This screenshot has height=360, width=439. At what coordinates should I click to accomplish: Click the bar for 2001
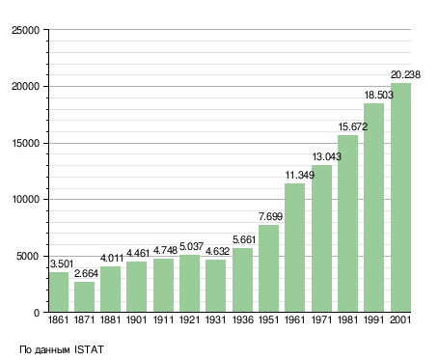(x=400, y=198)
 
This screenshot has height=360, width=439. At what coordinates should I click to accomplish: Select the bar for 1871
(x=84, y=297)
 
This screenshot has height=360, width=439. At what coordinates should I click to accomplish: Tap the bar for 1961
(x=294, y=248)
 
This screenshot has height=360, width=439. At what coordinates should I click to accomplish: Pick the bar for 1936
(x=242, y=280)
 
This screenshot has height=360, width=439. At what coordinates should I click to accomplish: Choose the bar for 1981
(x=347, y=224)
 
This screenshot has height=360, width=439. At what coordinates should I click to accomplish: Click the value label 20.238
(x=405, y=74)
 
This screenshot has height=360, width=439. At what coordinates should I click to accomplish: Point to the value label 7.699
(x=271, y=216)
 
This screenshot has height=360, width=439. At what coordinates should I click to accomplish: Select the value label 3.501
(x=62, y=263)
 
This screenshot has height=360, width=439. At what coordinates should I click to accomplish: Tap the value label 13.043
(x=327, y=156)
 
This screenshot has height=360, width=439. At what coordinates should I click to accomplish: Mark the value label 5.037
(x=191, y=246)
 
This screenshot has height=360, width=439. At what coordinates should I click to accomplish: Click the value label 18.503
(x=379, y=95)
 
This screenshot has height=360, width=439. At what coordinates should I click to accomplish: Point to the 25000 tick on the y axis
(x=25, y=30)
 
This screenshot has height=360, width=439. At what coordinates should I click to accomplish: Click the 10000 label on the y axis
(x=25, y=200)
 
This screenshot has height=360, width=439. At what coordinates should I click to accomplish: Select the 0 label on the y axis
(x=37, y=313)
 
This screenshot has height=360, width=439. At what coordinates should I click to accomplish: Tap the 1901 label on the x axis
(x=137, y=319)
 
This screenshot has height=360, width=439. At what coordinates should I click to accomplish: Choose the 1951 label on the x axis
(x=268, y=319)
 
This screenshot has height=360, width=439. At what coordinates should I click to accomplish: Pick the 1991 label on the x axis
(x=374, y=319)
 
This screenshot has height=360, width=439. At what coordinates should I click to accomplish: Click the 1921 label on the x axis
(x=189, y=319)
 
